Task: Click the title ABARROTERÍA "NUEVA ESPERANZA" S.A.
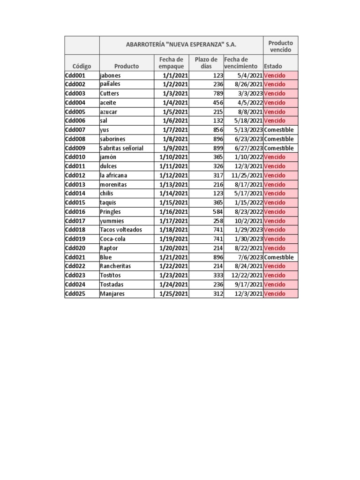point(181,45)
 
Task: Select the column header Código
point(82,67)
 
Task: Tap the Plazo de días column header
point(206,63)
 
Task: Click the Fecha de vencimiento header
point(241,63)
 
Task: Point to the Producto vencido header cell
point(280,46)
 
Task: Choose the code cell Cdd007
point(75,130)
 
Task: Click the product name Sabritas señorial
point(121,148)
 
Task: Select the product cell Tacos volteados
point(120,230)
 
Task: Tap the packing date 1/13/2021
point(173,185)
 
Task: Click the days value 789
point(216,94)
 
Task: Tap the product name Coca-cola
point(112,239)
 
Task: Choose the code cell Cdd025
point(75,294)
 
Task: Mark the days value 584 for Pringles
point(216,212)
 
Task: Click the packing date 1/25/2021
point(173,294)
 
